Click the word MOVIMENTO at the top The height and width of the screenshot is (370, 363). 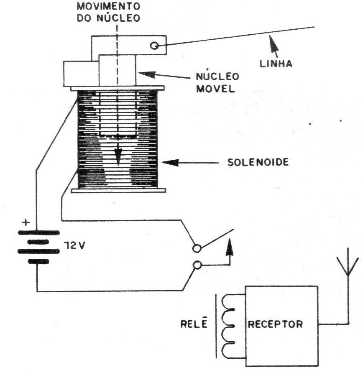[x=109, y=6]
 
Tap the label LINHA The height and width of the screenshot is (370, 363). [x=276, y=64]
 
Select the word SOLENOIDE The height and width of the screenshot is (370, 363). [x=258, y=162]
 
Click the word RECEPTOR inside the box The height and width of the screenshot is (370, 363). [x=275, y=324]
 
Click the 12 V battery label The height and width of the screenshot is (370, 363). [x=74, y=246]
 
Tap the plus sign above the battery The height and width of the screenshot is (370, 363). [x=26, y=222]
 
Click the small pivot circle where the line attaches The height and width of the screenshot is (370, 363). [x=154, y=45]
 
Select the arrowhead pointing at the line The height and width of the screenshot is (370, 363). [x=274, y=44]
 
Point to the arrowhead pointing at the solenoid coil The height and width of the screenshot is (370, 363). [x=170, y=163]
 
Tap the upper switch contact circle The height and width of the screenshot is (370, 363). [x=197, y=248]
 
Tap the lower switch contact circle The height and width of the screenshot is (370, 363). [x=197, y=265]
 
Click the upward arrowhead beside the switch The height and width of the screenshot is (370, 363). [x=230, y=248]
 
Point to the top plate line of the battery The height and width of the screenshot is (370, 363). [x=39, y=233]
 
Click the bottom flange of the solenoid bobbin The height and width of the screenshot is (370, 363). [x=118, y=190]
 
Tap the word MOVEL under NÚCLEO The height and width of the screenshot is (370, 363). [x=216, y=89]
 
